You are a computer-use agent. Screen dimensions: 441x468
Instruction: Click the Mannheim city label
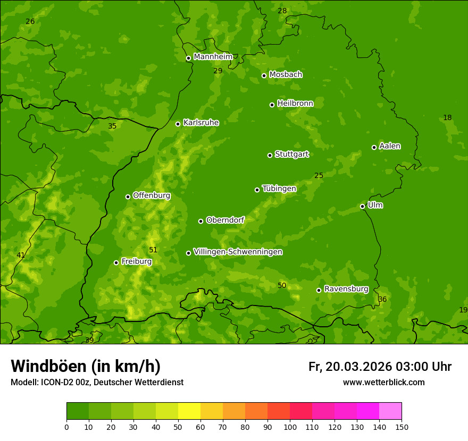click(213, 56)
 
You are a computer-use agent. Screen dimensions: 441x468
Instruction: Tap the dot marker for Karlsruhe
click(178, 124)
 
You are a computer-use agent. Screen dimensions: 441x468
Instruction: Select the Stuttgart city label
click(291, 154)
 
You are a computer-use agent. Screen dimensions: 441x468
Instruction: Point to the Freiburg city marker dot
click(116, 262)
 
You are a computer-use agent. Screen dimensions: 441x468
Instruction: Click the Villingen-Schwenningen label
click(238, 252)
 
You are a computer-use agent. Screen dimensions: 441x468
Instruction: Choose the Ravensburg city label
click(346, 289)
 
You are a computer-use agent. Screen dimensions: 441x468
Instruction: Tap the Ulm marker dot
click(362, 206)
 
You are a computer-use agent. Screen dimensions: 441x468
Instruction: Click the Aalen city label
click(390, 146)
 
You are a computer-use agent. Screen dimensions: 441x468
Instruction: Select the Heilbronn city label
click(295, 104)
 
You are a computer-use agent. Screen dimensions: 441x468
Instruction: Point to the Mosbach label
click(286, 74)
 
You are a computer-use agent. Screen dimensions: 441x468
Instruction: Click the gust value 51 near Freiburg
click(153, 250)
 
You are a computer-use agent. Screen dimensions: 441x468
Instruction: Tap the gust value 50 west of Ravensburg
click(282, 286)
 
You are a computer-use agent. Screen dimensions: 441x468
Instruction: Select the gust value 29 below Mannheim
click(218, 71)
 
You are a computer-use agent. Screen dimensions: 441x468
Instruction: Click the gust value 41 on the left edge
click(21, 255)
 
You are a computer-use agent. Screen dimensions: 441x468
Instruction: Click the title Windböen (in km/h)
click(86, 366)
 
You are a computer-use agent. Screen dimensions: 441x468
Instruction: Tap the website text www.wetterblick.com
click(383, 382)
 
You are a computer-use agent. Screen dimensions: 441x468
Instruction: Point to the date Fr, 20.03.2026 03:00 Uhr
click(380, 367)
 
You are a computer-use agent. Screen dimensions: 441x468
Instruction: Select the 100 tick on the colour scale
click(290, 427)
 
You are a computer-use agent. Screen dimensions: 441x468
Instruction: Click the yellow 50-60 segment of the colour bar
click(189, 411)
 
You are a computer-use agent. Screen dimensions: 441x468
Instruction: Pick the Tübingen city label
click(279, 189)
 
